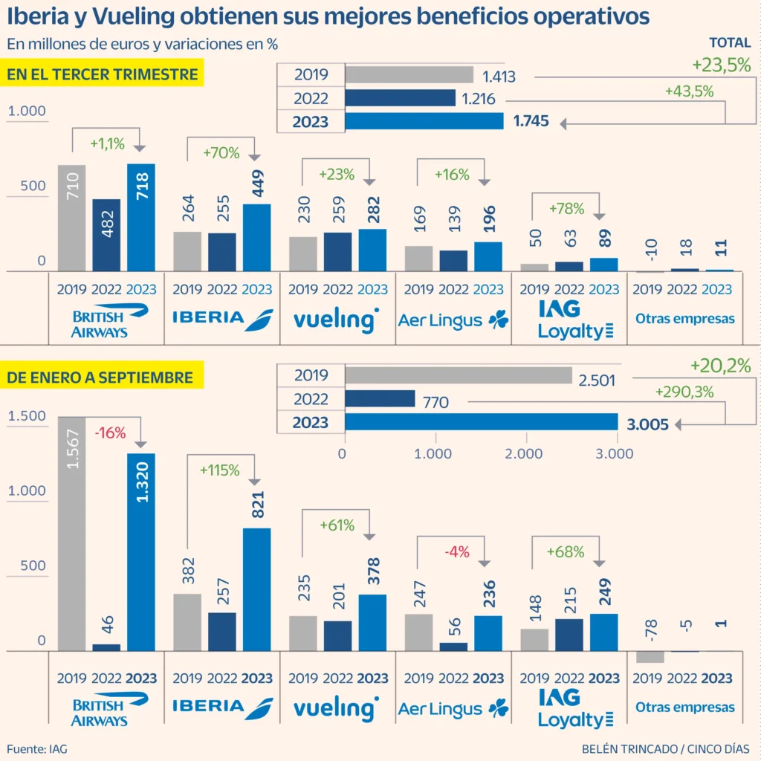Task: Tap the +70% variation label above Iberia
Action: click(221, 153)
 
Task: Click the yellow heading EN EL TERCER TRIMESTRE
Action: click(103, 74)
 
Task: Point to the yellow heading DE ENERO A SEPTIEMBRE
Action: click(100, 378)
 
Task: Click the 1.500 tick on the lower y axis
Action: click(27, 416)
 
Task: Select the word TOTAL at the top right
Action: click(729, 43)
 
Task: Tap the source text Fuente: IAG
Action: click(37, 748)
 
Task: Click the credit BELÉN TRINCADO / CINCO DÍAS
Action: click(665, 748)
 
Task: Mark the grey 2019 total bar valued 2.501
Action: click(459, 375)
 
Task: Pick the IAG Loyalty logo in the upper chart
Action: click(569, 320)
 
